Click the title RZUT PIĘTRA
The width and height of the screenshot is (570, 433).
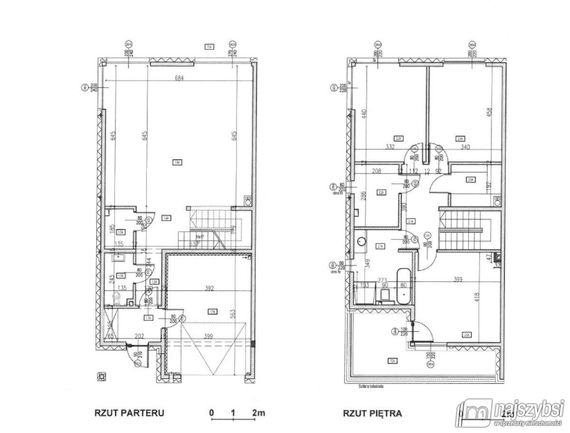(x=372, y=413)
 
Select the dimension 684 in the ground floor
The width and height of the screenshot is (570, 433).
(x=179, y=78)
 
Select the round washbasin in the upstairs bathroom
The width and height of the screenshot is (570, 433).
(x=362, y=242)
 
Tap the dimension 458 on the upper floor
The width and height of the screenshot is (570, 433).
(x=489, y=113)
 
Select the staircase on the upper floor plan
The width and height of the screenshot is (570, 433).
(x=464, y=231)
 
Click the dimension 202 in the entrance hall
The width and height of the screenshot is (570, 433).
(x=140, y=337)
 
